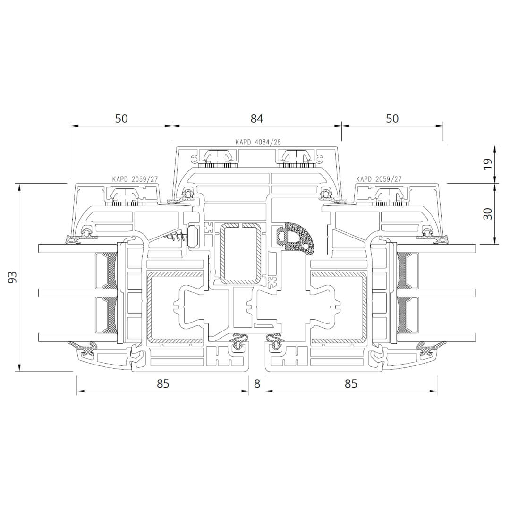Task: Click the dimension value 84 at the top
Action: click(256, 119)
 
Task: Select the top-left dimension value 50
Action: click(121, 119)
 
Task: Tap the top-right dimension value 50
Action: click(392, 119)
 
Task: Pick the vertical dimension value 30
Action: click(487, 214)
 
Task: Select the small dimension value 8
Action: click(257, 384)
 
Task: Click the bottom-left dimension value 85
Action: click(163, 384)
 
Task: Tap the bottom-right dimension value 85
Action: click(351, 384)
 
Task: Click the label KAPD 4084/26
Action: click(258, 142)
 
